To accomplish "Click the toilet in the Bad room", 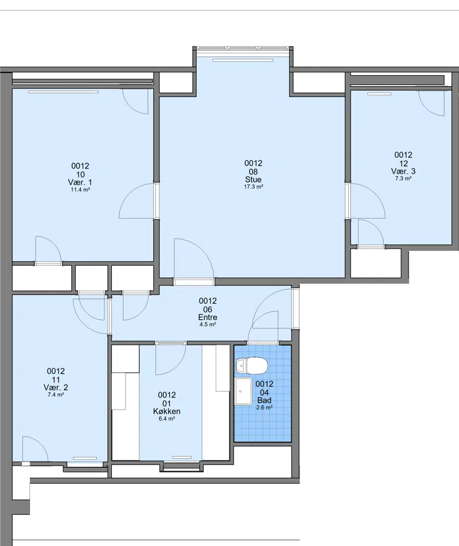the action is click(x=252, y=366).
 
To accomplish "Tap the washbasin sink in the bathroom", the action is click(x=243, y=392).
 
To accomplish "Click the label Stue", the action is click(x=254, y=180).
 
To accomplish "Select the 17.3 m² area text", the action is click(x=254, y=187).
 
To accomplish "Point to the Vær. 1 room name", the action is click(x=80, y=183).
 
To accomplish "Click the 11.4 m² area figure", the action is click(x=80, y=190).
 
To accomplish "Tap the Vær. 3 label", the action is click(x=403, y=171).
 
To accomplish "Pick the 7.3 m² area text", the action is click(x=403, y=179).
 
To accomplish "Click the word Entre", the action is click(x=208, y=317).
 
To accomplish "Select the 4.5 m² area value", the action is click(x=208, y=324).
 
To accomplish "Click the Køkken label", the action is click(x=167, y=411).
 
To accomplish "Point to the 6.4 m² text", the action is click(x=167, y=419).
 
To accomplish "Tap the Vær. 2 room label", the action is click(x=56, y=388).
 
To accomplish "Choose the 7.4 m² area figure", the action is click(x=56, y=394).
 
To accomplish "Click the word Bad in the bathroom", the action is click(x=264, y=400).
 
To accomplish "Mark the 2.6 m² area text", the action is click(x=264, y=408).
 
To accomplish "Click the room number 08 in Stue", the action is click(x=254, y=172).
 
